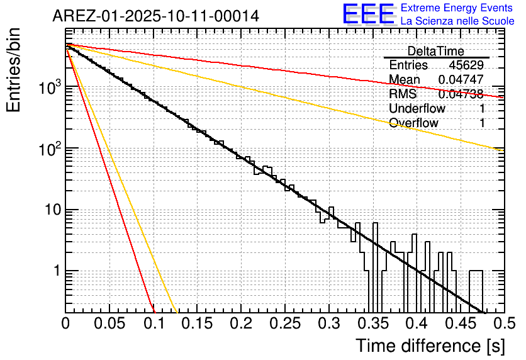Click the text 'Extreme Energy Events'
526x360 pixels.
(x=457, y=8)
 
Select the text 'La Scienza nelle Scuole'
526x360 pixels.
(x=457, y=21)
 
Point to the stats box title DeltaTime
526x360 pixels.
(x=436, y=51)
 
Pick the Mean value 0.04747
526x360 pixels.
(x=461, y=80)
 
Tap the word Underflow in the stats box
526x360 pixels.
(x=417, y=109)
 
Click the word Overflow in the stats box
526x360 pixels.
(x=413, y=123)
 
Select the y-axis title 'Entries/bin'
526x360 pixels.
(x=15, y=70)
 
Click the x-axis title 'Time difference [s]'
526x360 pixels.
(x=430, y=346)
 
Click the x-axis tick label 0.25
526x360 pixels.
(x=285, y=324)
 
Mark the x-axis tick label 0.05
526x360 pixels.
(x=109, y=324)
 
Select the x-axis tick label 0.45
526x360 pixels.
(x=461, y=324)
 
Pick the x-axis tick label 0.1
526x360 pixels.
(x=154, y=324)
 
